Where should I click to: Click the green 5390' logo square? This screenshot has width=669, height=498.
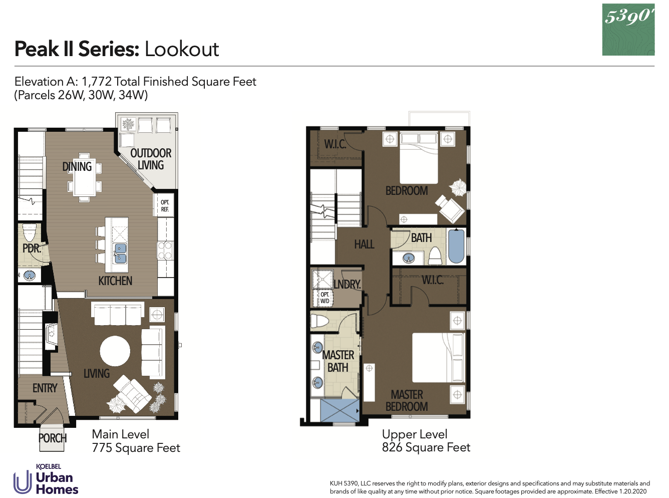tap(628, 30)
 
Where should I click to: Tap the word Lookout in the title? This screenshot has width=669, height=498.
tap(182, 49)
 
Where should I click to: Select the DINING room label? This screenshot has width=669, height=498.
tap(77, 166)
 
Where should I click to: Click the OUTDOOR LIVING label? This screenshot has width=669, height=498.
tap(151, 159)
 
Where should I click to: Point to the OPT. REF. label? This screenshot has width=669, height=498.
tap(165, 206)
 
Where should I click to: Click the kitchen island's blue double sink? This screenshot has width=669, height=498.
tap(120, 254)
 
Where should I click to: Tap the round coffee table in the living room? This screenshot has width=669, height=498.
tap(115, 351)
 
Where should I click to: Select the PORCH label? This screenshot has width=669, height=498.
tap(53, 438)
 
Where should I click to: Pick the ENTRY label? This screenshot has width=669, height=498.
tap(45, 388)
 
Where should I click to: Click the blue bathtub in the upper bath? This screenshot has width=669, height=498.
tap(456, 246)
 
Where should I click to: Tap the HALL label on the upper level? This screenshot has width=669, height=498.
tap(364, 244)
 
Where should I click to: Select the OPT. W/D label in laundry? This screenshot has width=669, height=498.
tap(325, 298)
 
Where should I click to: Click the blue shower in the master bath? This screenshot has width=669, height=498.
tap(339, 410)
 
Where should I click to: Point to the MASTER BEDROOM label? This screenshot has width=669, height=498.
tap(407, 401)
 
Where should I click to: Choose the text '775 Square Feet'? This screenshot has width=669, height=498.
tap(136, 448)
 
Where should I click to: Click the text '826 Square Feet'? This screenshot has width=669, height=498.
tap(426, 447)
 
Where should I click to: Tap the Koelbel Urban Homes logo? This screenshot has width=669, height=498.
tap(46, 479)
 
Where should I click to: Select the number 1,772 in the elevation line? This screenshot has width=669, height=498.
tap(96, 82)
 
